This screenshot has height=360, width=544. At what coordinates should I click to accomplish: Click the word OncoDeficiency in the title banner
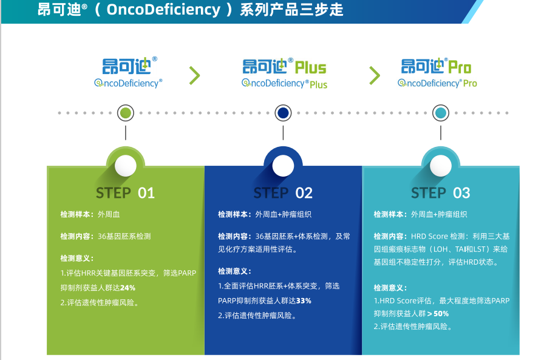(x=163, y=10)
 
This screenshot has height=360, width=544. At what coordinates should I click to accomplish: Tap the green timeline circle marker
(x=126, y=113)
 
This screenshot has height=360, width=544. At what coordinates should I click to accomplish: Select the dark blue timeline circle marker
(x=283, y=113)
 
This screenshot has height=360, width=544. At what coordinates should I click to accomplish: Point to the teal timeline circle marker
(x=441, y=113)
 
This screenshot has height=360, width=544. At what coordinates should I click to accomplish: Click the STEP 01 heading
(x=125, y=193)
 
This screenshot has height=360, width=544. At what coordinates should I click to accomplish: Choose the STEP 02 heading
(x=283, y=193)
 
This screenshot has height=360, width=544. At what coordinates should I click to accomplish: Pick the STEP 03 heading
(x=441, y=193)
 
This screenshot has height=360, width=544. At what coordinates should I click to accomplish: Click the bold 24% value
(x=127, y=288)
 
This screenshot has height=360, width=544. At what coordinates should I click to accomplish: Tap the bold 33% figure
(x=304, y=301)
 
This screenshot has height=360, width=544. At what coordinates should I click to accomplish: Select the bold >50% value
(x=438, y=313)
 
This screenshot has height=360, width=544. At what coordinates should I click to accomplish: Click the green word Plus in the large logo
(x=310, y=67)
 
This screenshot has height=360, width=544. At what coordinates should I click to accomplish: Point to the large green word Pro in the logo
(x=460, y=67)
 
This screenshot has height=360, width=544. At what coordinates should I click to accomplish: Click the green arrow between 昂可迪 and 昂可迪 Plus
(x=195, y=76)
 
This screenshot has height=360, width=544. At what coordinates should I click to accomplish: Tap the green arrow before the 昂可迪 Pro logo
(x=375, y=76)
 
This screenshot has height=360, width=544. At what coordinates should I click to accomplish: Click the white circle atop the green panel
(x=126, y=166)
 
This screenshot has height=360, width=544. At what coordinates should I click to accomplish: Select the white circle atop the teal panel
(x=441, y=166)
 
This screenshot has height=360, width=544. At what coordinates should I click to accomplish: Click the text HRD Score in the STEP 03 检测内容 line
(x=429, y=236)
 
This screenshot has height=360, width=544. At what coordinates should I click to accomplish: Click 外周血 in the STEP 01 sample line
(x=109, y=214)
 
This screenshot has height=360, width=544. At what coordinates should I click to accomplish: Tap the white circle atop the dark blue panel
(x=283, y=166)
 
